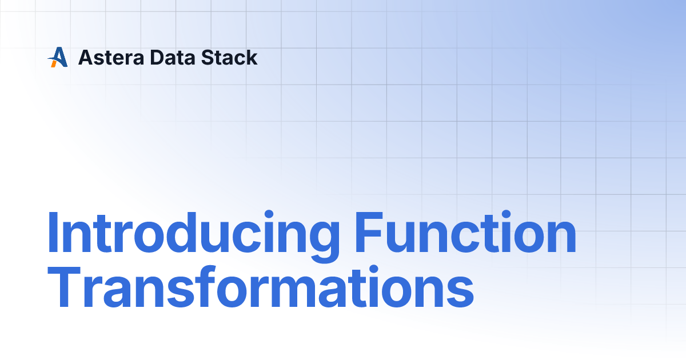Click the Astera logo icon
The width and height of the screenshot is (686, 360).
(58, 57)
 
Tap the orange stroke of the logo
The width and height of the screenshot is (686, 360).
(54, 63)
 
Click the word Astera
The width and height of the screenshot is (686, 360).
(111, 58)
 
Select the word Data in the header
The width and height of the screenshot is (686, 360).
(173, 58)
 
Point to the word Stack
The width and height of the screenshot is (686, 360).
(229, 57)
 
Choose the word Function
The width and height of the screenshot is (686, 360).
(465, 232)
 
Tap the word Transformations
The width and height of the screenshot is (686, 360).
(261, 287)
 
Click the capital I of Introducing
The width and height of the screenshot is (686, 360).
(53, 232)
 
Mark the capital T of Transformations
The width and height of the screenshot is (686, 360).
(64, 287)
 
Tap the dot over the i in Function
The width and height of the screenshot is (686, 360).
(506, 214)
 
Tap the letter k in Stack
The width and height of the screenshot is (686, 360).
(251, 57)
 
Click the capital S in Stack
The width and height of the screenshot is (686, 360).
(208, 58)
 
